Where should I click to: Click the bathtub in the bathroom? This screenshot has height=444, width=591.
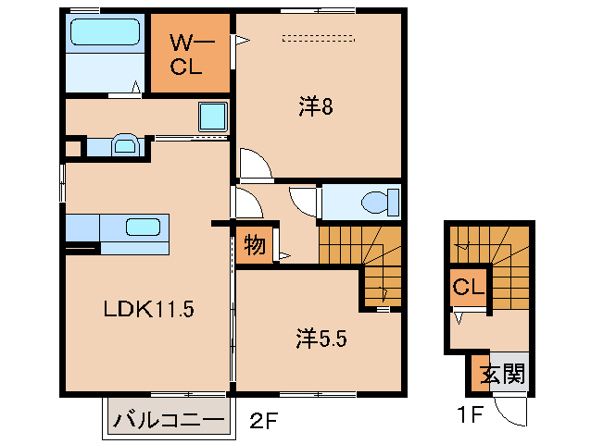tap(105, 34)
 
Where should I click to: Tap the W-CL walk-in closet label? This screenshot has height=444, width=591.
tap(191, 55)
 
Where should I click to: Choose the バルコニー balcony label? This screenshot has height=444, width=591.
tap(168, 421)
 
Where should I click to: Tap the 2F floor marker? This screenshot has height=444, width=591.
tap(263, 421)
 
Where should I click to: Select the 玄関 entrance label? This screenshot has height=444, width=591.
tap(502, 375)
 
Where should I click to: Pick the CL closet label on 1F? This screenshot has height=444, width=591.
tap(468, 289)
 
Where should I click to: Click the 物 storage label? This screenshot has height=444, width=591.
tap(254, 247)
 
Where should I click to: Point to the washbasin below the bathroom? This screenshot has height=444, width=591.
tap(124, 145)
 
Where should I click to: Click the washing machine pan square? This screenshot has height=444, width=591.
tap(213, 117)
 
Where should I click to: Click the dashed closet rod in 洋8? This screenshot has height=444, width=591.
tap(319, 39)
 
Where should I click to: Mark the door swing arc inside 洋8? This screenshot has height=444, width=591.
tap(254, 163)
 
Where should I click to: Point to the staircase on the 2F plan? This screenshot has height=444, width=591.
tap(361, 254)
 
